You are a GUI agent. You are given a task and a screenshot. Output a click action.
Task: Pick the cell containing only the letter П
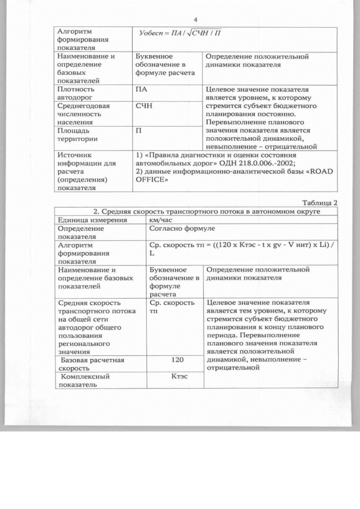coord(139,130)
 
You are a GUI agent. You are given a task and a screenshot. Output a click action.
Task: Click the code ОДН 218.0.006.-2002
coord(255,163)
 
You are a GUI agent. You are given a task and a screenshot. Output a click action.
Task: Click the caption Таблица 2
coord(319,202)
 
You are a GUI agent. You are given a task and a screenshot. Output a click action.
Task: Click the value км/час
coord(164,220)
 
